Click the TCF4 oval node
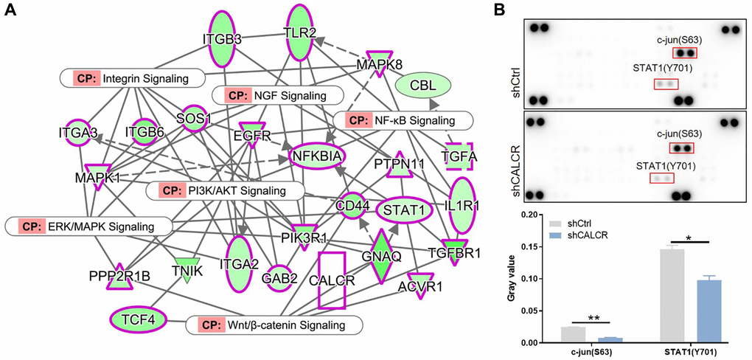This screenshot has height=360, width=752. pyautogui.click(x=138, y=319)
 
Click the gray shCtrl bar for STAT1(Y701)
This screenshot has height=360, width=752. pyautogui.click(x=672, y=296)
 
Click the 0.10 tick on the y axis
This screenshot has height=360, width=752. pyautogui.click(x=540, y=279)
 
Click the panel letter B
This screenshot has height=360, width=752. pyautogui.click(x=521, y=12)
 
